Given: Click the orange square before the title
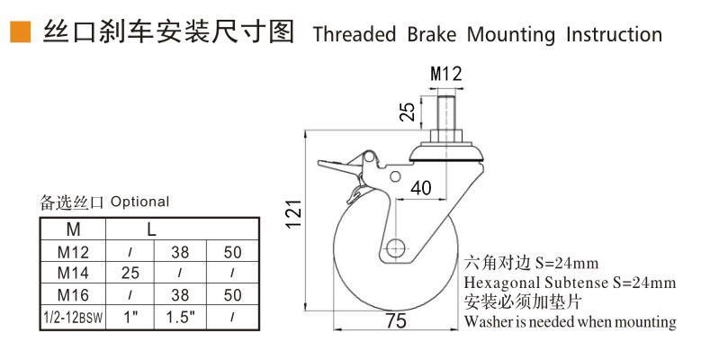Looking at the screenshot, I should (19, 34).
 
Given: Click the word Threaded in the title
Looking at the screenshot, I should (354, 35).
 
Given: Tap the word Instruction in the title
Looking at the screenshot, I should (614, 35).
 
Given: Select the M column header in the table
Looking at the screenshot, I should (75, 229).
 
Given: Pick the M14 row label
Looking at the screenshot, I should (75, 271).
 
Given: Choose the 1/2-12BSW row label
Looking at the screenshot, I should (75, 316).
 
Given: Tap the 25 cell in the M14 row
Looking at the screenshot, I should (132, 271).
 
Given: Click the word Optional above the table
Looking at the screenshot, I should (139, 202).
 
